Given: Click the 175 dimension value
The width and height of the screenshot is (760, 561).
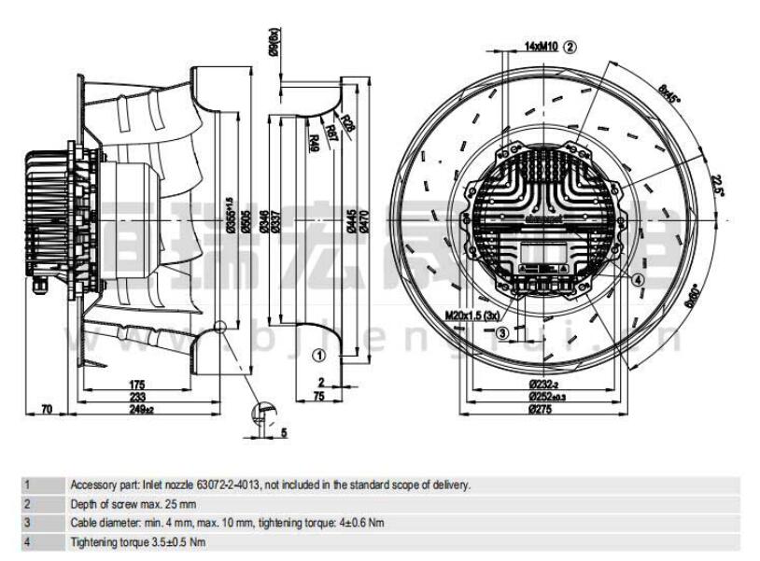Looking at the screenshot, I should click(x=137, y=384).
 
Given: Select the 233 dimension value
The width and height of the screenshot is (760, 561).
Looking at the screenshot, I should click(x=137, y=397).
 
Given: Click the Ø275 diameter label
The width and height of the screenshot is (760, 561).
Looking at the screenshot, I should click(x=542, y=409).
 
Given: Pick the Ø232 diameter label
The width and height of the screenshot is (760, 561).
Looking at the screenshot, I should click(x=543, y=384).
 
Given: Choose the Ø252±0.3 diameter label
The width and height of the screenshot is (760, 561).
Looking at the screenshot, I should click(x=543, y=397).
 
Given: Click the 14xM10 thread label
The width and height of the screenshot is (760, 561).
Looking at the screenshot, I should click(x=540, y=45).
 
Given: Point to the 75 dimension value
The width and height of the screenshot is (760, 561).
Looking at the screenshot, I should click(x=319, y=396).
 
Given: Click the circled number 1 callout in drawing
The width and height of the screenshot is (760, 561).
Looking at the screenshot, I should click(x=318, y=355).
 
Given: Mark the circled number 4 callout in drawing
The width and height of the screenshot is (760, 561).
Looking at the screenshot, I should click(x=638, y=279).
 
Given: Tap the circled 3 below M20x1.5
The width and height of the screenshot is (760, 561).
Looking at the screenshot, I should click(x=501, y=333).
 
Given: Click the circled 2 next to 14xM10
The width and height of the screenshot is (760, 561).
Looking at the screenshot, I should click(x=570, y=45).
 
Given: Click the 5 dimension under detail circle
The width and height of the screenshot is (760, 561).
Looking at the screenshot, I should click(x=284, y=431).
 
